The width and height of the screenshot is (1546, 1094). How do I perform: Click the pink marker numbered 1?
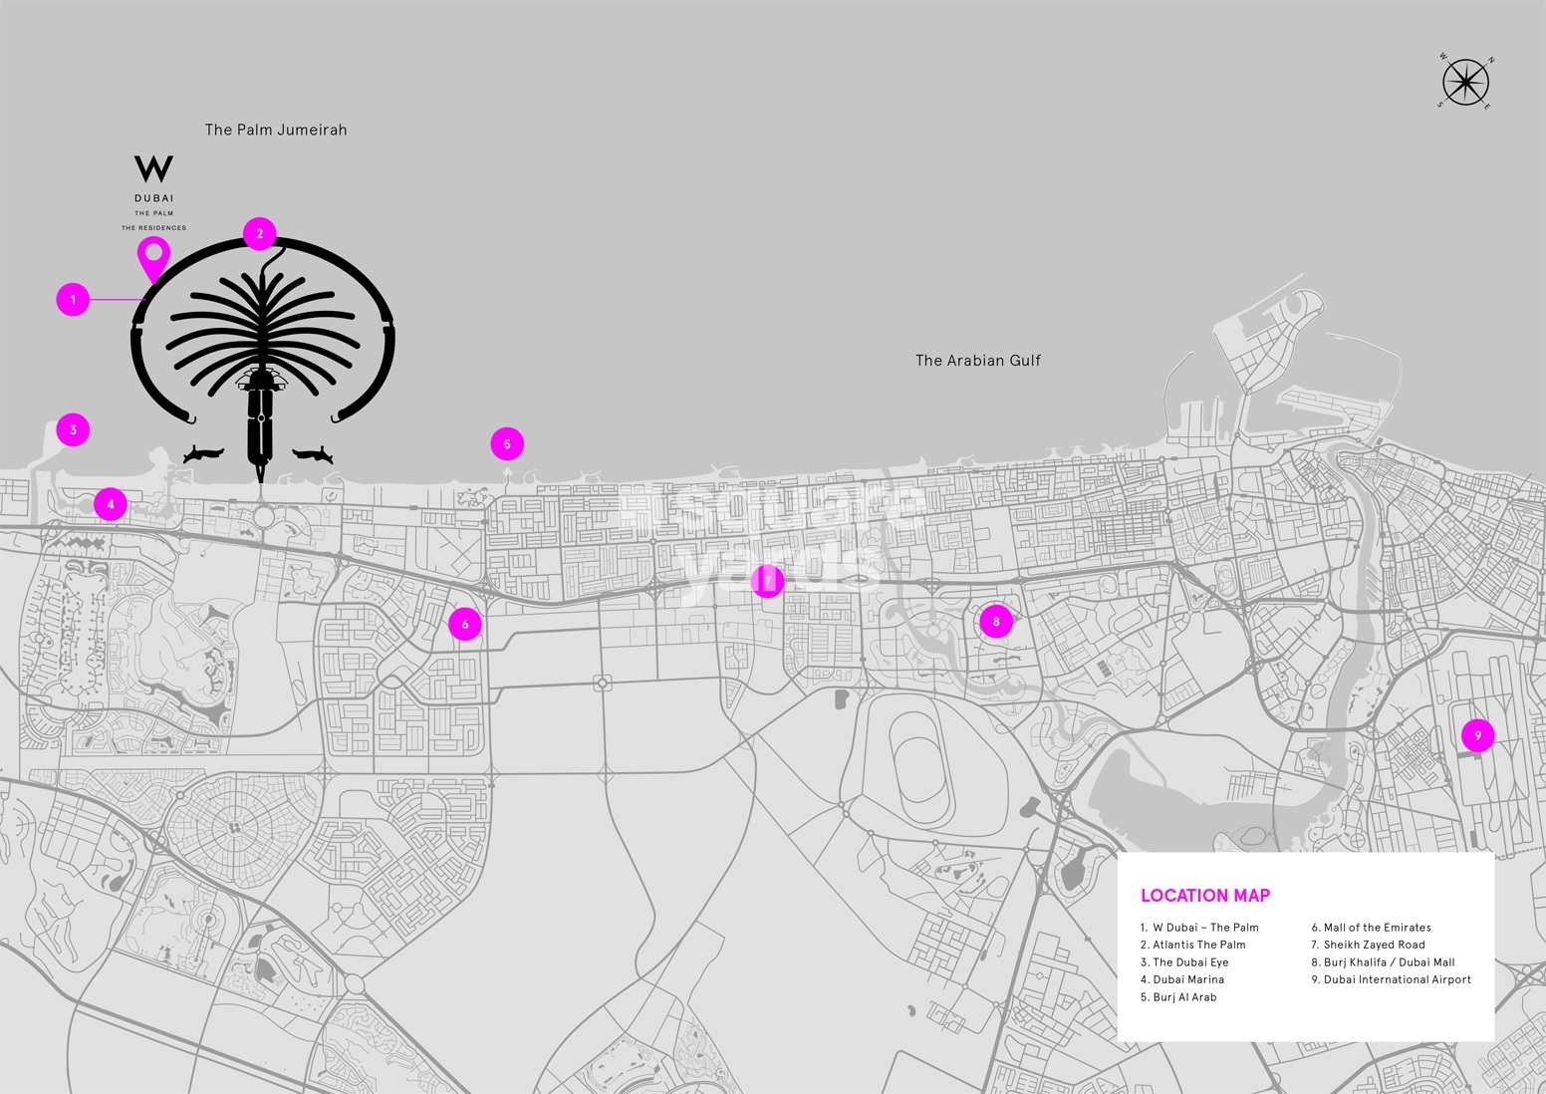[73, 299]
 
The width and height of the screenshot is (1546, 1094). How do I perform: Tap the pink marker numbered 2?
[259, 234]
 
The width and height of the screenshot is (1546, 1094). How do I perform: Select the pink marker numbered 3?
[73, 430]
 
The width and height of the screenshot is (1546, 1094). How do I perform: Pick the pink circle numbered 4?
[111, 504]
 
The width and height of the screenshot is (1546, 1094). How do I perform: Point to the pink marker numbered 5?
[507, 444]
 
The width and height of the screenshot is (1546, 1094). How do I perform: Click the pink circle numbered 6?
[465, 624]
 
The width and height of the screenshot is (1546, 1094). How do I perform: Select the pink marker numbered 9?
[1478, 735]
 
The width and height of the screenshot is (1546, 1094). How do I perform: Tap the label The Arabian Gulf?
[977, 361]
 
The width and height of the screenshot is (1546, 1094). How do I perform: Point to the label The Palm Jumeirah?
[276, 130]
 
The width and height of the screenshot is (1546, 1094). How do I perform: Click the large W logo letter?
[153, 168]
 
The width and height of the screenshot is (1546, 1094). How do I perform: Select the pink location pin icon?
[152, 257]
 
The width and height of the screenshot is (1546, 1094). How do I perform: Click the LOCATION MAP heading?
[1204, 896]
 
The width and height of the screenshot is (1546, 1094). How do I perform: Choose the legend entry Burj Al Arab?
[1184, 997]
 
